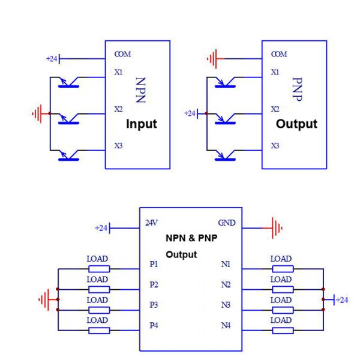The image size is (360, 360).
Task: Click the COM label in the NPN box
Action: point(122,54)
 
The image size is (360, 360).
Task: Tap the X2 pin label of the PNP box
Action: point(275,109)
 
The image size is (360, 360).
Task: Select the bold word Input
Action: point(141,124)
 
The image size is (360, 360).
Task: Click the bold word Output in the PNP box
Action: point(296,124)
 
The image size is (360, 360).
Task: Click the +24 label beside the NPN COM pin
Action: point(52,59)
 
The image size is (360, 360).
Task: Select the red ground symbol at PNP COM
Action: point(211,59)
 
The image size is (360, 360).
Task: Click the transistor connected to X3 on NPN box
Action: point(71,156)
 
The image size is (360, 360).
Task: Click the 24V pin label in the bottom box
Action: point(152,223)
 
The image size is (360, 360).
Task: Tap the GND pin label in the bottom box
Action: point(226,223)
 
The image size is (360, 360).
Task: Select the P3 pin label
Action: point(154,305)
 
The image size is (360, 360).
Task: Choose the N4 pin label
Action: point(226,326)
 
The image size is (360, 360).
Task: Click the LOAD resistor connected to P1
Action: point(98,269)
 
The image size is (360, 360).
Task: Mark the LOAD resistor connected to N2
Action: point(281,289)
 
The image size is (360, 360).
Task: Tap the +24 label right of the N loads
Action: point(341,299)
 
